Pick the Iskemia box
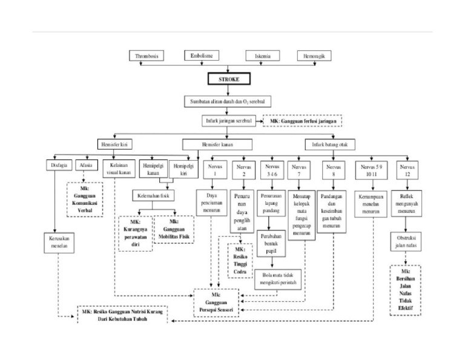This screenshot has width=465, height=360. (263, 56)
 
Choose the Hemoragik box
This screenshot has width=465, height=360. (314, 56)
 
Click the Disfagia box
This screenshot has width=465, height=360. (58, 165)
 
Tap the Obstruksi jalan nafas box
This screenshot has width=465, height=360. (406, 242)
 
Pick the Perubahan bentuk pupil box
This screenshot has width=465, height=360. (272, 238)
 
